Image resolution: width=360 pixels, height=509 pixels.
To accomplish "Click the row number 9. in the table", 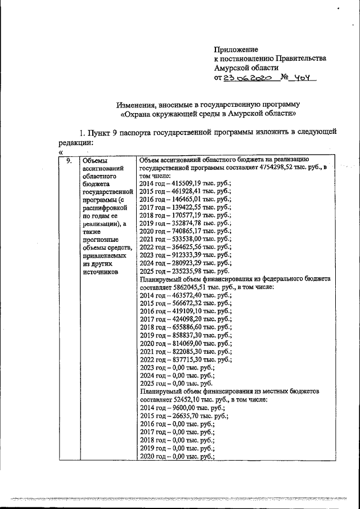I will (x=69, y=161).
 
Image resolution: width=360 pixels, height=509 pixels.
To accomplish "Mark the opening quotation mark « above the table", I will (x=60, y=151).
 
